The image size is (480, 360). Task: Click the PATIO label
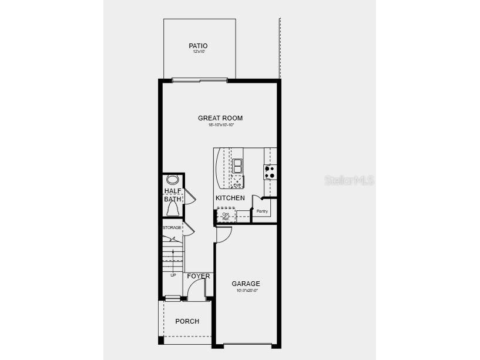coord(198,46)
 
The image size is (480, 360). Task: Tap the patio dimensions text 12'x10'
coord(198,52)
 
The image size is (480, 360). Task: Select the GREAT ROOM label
coord(220,118)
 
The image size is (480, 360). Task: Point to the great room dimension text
coord(220,125)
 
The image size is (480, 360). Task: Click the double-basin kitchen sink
coord(237,166)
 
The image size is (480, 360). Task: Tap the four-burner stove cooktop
coord(270,171)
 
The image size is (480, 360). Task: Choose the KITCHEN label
coord(230,198)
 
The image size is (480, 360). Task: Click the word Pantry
coord(262,211)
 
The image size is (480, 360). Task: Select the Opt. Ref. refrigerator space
coord(226,216)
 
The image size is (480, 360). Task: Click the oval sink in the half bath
coord(173,180)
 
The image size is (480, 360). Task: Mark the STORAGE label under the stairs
coord(172,227)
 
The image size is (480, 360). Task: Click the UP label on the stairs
coord(173,275)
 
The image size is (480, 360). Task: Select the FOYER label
coord(199,276)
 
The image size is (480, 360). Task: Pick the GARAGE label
coord(246,284)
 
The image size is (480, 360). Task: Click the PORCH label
coord(187,321)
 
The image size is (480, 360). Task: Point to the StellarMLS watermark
coord(349,180)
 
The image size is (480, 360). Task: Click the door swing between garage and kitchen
coord(224,234)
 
